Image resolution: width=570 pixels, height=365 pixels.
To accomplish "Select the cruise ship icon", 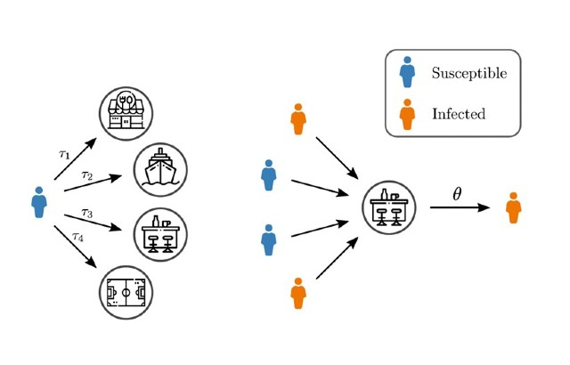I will [x=160, y=169].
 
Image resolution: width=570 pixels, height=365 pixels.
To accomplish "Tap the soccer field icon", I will [x=126, y=290].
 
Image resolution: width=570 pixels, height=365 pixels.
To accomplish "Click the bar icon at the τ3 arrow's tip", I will [x=159, y=234].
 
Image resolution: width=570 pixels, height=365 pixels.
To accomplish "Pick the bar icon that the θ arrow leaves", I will [x=390, y=210].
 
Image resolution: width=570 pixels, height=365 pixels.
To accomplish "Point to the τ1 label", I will [x=64, y=154].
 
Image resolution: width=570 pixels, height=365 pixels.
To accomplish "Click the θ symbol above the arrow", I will [x=457, y=193].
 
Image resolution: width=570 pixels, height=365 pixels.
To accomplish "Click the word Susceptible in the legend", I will [x=469, y=73].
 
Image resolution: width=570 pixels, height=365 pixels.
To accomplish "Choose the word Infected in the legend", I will [x=459, y=114].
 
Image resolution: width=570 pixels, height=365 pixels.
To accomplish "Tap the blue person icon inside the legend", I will [x=407, y=74].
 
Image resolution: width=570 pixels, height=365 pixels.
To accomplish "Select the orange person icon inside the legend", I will [x=407, y=114].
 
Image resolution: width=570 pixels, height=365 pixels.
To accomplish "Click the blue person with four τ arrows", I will [x=38, y=202].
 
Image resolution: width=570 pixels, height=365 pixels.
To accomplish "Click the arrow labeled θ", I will [x=460, y=208].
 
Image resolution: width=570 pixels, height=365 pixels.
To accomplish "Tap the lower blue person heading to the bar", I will [x=267, y=239].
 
